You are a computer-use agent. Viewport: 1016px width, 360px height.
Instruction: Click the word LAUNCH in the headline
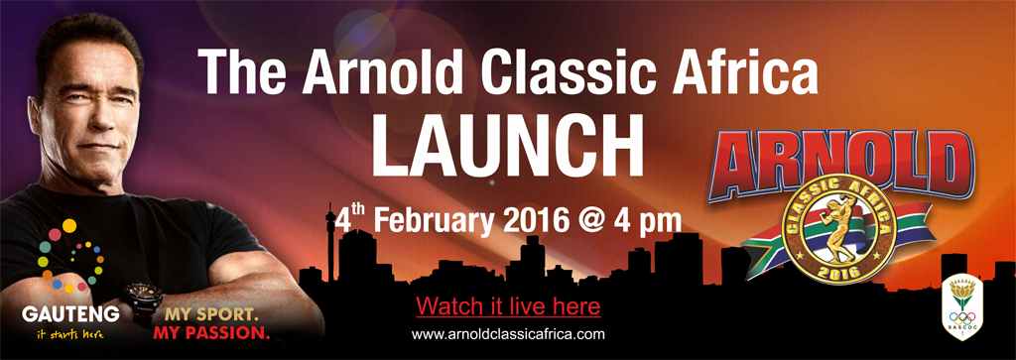tap(507, 147)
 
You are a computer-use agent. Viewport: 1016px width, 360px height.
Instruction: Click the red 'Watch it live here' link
tap(508, 303)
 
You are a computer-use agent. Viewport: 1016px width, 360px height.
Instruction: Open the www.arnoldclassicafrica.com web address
tap(508, 334)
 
